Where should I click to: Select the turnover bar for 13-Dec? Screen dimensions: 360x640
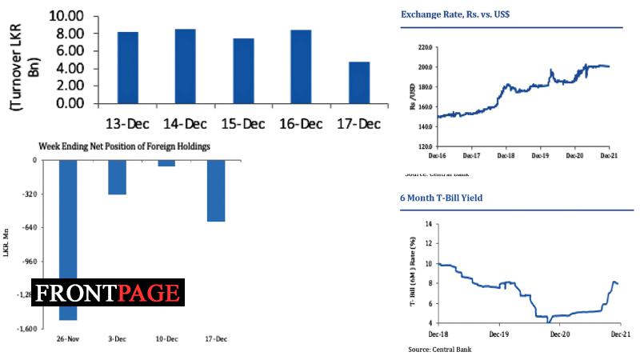128,67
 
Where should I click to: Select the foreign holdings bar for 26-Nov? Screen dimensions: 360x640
68,240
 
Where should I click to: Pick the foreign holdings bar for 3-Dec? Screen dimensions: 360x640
117,177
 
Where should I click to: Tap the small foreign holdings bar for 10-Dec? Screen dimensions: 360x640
166,162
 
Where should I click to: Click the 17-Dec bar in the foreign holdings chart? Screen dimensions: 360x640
215,190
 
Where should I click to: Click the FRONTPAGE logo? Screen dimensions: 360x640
108,293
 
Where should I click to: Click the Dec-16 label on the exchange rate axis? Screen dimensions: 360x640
437,154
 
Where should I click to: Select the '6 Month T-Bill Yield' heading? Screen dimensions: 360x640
441,198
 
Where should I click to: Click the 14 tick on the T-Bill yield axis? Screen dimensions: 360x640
428,224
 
